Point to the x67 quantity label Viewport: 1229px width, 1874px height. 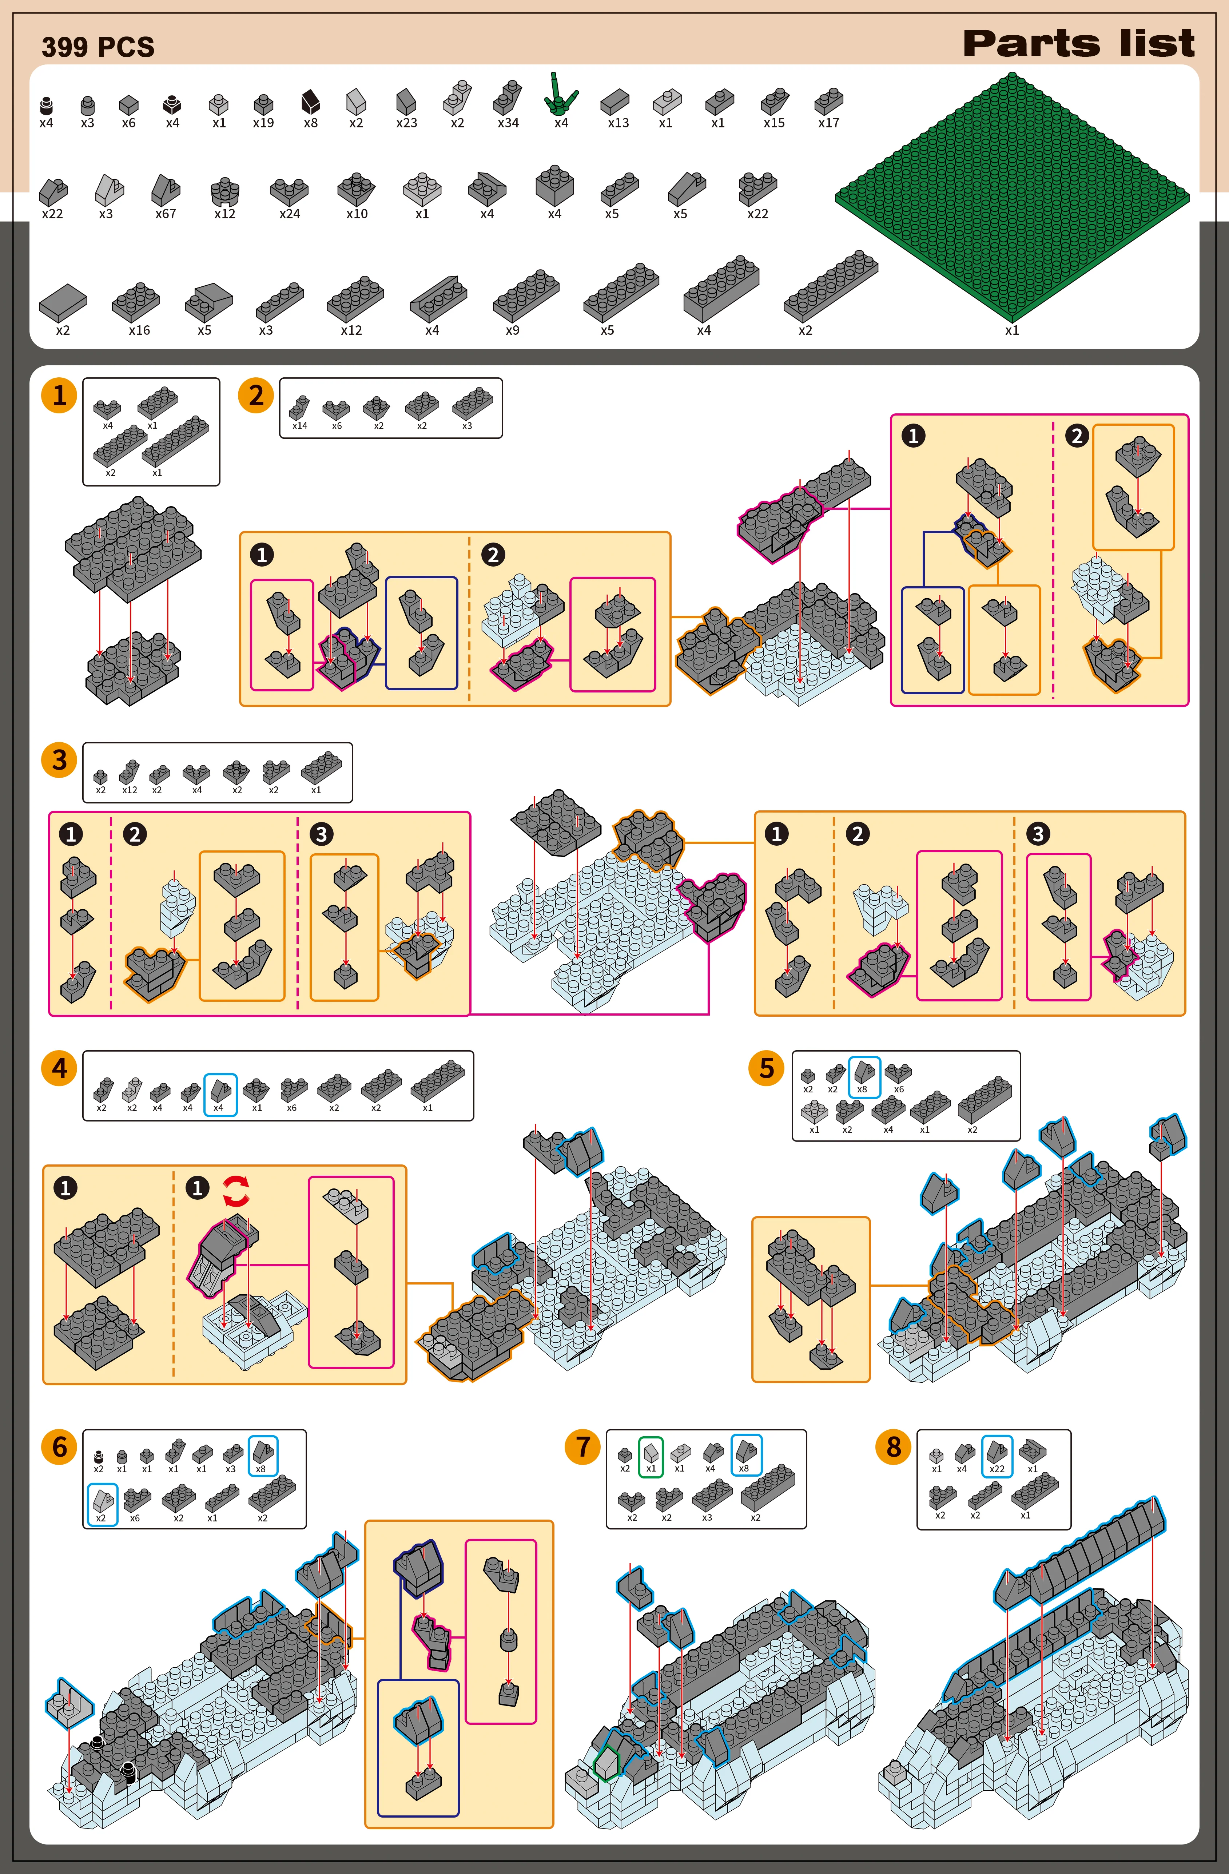[x=165, y=213]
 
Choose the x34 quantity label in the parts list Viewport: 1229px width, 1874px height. [x=508, y=123]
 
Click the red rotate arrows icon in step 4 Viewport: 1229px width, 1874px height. [x=236, y=1191]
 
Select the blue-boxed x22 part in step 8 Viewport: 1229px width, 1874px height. [x=997, y=1456]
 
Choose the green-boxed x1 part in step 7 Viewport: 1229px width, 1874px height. [x=650, y=1456]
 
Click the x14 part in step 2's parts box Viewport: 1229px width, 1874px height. [x=299, y=408]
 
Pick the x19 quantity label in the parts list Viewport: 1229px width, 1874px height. [x=263, y=123]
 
